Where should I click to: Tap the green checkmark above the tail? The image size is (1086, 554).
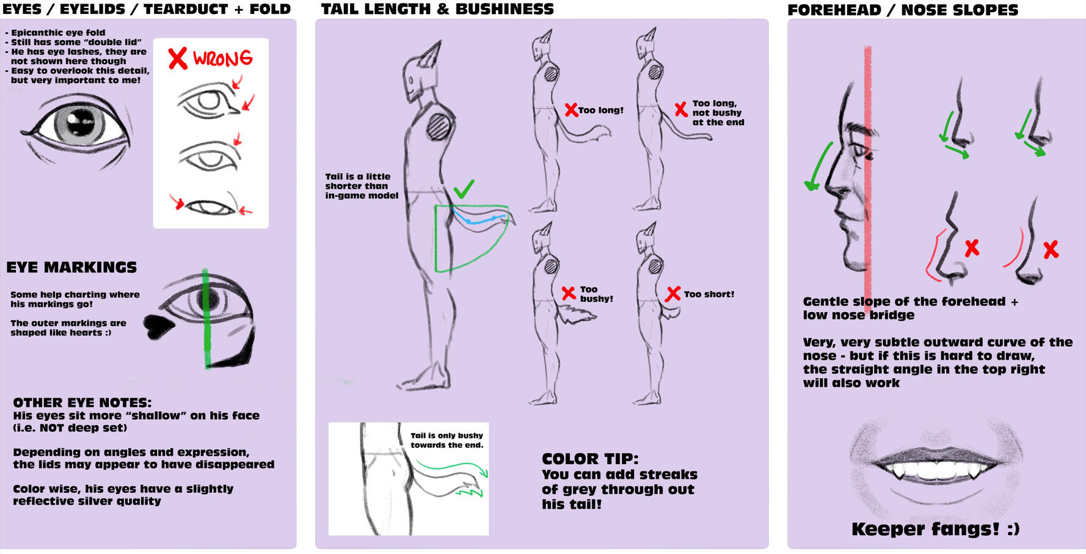464,189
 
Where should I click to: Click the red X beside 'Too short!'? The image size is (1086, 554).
672,294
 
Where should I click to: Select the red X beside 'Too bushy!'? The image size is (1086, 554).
568,293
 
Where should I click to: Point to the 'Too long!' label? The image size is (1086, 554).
600,111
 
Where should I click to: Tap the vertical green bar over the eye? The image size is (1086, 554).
206,318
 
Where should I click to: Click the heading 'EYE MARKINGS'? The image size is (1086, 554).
71,268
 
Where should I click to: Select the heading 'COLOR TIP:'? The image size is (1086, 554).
589,459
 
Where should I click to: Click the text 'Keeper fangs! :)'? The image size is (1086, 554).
935,529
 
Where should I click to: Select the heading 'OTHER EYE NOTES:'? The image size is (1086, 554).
82,403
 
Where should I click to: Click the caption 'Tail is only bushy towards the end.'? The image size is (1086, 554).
446,440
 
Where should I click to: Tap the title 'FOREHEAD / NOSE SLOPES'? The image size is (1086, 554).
903,10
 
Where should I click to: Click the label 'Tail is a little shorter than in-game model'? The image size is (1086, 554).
361,186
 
